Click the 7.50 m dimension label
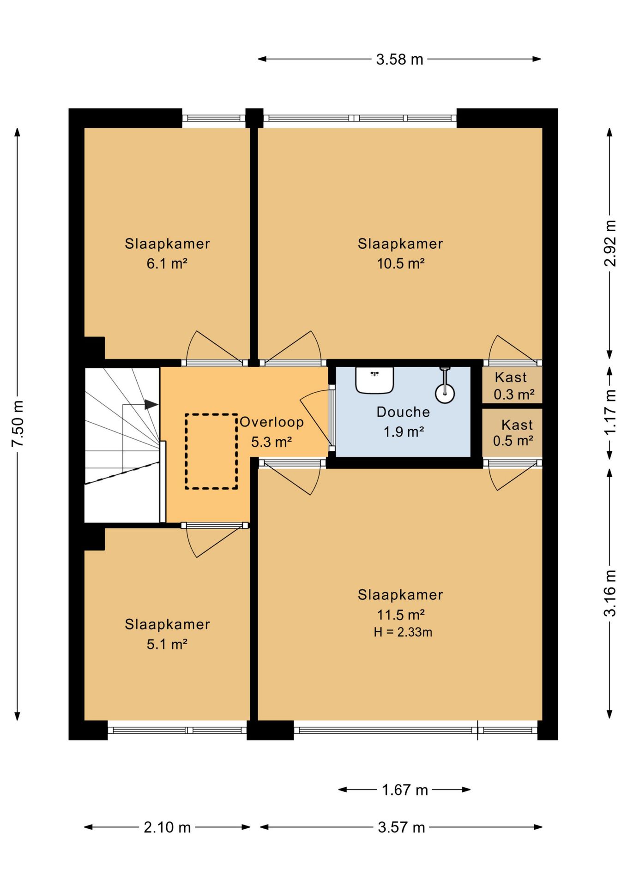(x=18, y=424)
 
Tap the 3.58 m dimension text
(x=399, y=60)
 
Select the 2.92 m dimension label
(x=610, y=243)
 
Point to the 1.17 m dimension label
(x=610, y=412)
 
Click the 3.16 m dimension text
(x=610, y=593)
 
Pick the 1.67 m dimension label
(x=405, y=790)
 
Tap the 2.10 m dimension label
(x=167, y=827)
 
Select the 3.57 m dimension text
(x=401, y=827)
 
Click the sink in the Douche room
(x=374, y=380)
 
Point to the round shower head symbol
(x=445, y=394)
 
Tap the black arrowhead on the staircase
(x=151, y=404)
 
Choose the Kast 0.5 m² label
(x=513, y=432)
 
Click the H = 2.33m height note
(x=403, y=632)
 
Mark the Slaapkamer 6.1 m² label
(x=167, y=253)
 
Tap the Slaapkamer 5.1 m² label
(x=167, y=634)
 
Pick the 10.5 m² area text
(x=401, y=263)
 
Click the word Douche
(x=403, y=412)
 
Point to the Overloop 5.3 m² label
(x=271, y=432)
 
